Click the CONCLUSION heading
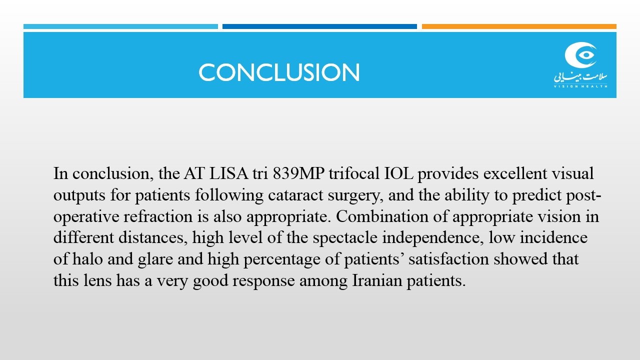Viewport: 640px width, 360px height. point(279,72)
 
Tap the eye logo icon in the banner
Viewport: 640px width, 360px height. point(580,55)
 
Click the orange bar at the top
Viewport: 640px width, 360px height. point(519,26)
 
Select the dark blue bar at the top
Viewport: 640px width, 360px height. point(319,26)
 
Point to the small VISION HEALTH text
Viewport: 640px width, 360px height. point(580,86)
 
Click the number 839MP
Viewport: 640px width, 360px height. point(298,173)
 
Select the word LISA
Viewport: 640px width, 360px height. point(228,173)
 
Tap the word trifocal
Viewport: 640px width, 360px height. point(354,173)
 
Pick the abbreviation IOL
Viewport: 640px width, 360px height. point(398,173)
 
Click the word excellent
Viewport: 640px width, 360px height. point(515,173)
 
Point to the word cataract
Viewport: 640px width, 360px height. point(295,195)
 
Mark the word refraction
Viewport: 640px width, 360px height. point(158,216)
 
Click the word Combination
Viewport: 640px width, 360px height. point(382,216)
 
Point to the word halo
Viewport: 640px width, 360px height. point(87,259)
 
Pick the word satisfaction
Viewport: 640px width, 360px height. point(448,259)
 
